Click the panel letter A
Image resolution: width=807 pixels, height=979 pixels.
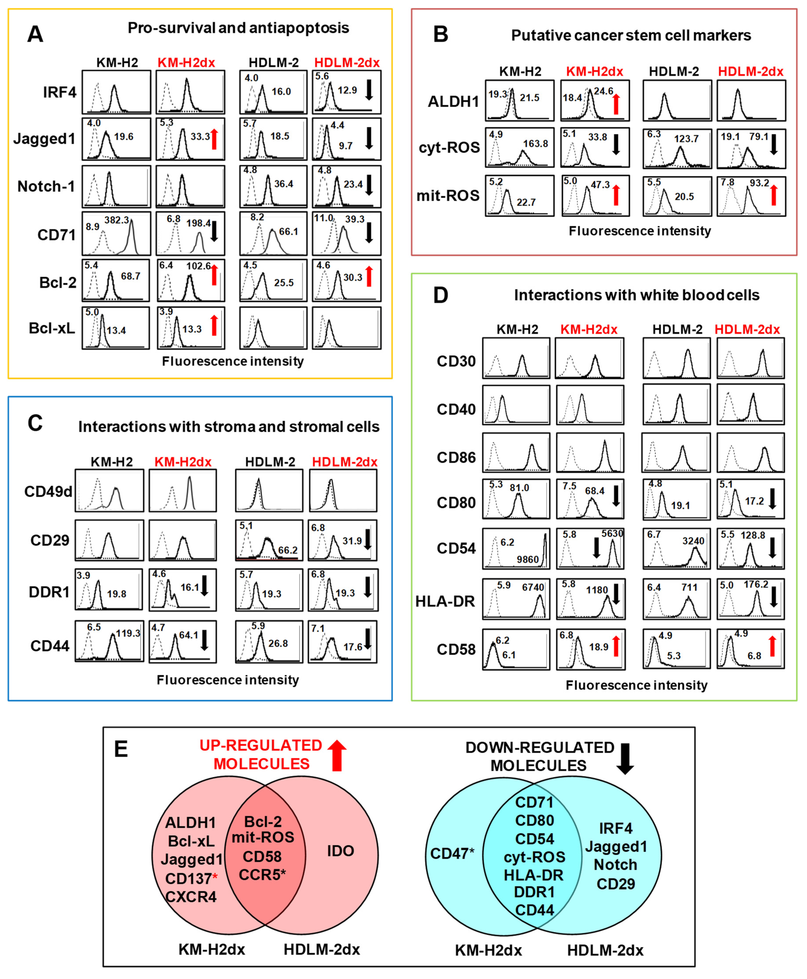click(x=35, y=34)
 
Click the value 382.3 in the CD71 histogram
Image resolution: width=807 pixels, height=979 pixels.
click(x=117, y=220)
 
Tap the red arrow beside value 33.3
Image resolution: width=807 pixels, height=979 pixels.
click(x=214, y=139)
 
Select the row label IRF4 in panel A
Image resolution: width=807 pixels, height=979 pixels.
click(x=59, y=92)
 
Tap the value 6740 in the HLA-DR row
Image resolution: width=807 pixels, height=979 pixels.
click(x=533, y=587)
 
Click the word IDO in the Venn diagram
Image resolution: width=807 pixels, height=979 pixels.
click(x=340, y=851)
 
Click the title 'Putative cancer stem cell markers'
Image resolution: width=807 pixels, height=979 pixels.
click(x=631, y=35)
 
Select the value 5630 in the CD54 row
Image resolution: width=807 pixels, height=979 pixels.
click(x=612, y=534)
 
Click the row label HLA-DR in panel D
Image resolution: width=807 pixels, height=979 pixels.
click(x=445, y=601)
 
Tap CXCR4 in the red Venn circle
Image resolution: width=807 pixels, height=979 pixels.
click(x=191, y=896)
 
